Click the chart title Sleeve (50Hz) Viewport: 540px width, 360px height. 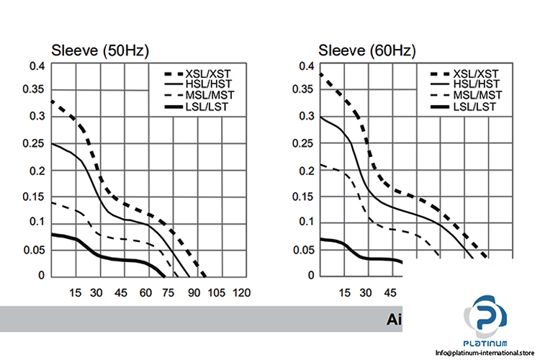pos(99,51)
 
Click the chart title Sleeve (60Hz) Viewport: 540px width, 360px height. pos(367,51)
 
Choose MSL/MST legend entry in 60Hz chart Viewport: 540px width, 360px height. pos(477,95)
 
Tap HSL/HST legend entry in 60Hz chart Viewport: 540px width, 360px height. pos(477,84)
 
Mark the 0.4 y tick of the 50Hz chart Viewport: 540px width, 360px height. pos(37,66)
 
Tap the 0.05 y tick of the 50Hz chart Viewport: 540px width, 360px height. pos(34,249)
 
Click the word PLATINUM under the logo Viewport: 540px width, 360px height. pos(489,343)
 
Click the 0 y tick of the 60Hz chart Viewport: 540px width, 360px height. pos(312,275)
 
